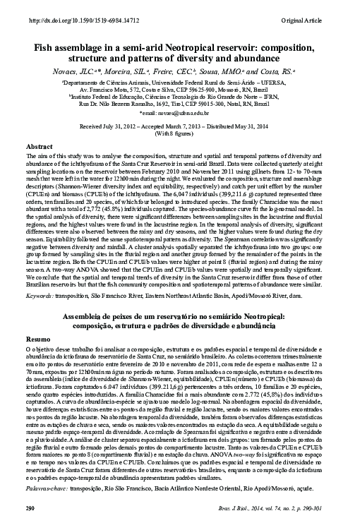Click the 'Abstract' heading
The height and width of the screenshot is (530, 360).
[40, 145]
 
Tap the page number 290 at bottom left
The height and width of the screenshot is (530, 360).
[30, 525]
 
